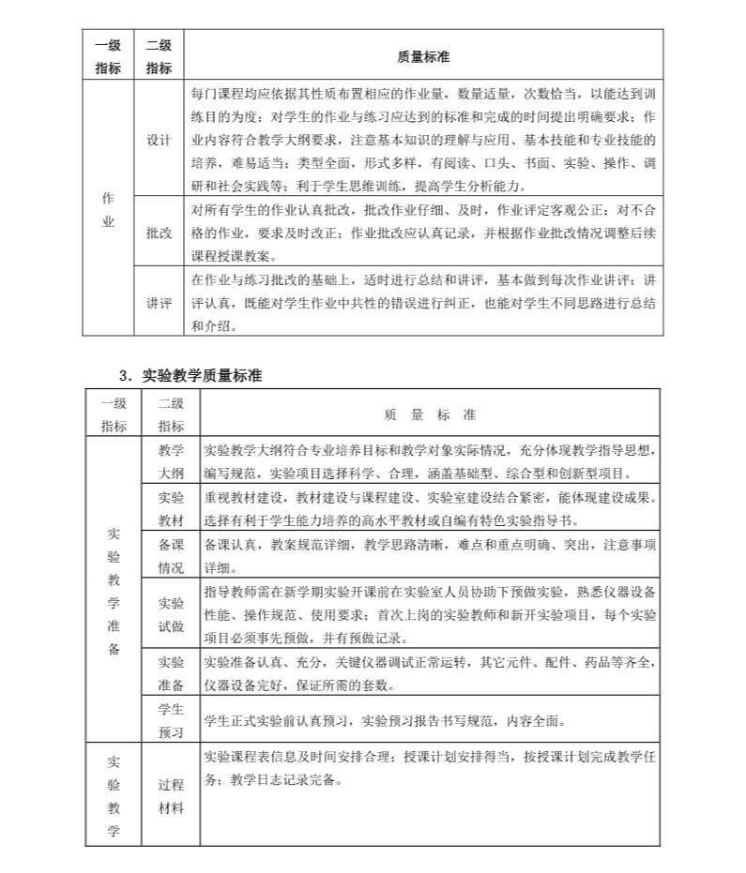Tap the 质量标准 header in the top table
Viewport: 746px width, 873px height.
pos(423,57)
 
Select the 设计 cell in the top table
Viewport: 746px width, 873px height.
pos(159,140)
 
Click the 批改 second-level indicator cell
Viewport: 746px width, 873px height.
pos(159,233)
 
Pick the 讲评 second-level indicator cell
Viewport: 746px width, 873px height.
pos(159,303)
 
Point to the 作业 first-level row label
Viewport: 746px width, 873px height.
pos(108,210)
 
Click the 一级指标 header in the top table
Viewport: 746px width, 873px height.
pos(108,57)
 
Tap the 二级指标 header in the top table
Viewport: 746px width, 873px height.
pos(159,57)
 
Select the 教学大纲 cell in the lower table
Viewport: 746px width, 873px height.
pos(172,460)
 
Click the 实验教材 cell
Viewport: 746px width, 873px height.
pos(172,508)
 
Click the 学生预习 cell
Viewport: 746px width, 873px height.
pos(172,719)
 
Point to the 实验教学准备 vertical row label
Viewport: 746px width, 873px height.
pos(114,591)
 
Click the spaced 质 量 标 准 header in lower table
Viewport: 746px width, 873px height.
pos(430,414)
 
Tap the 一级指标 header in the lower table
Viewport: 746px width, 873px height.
pos(114,414)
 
